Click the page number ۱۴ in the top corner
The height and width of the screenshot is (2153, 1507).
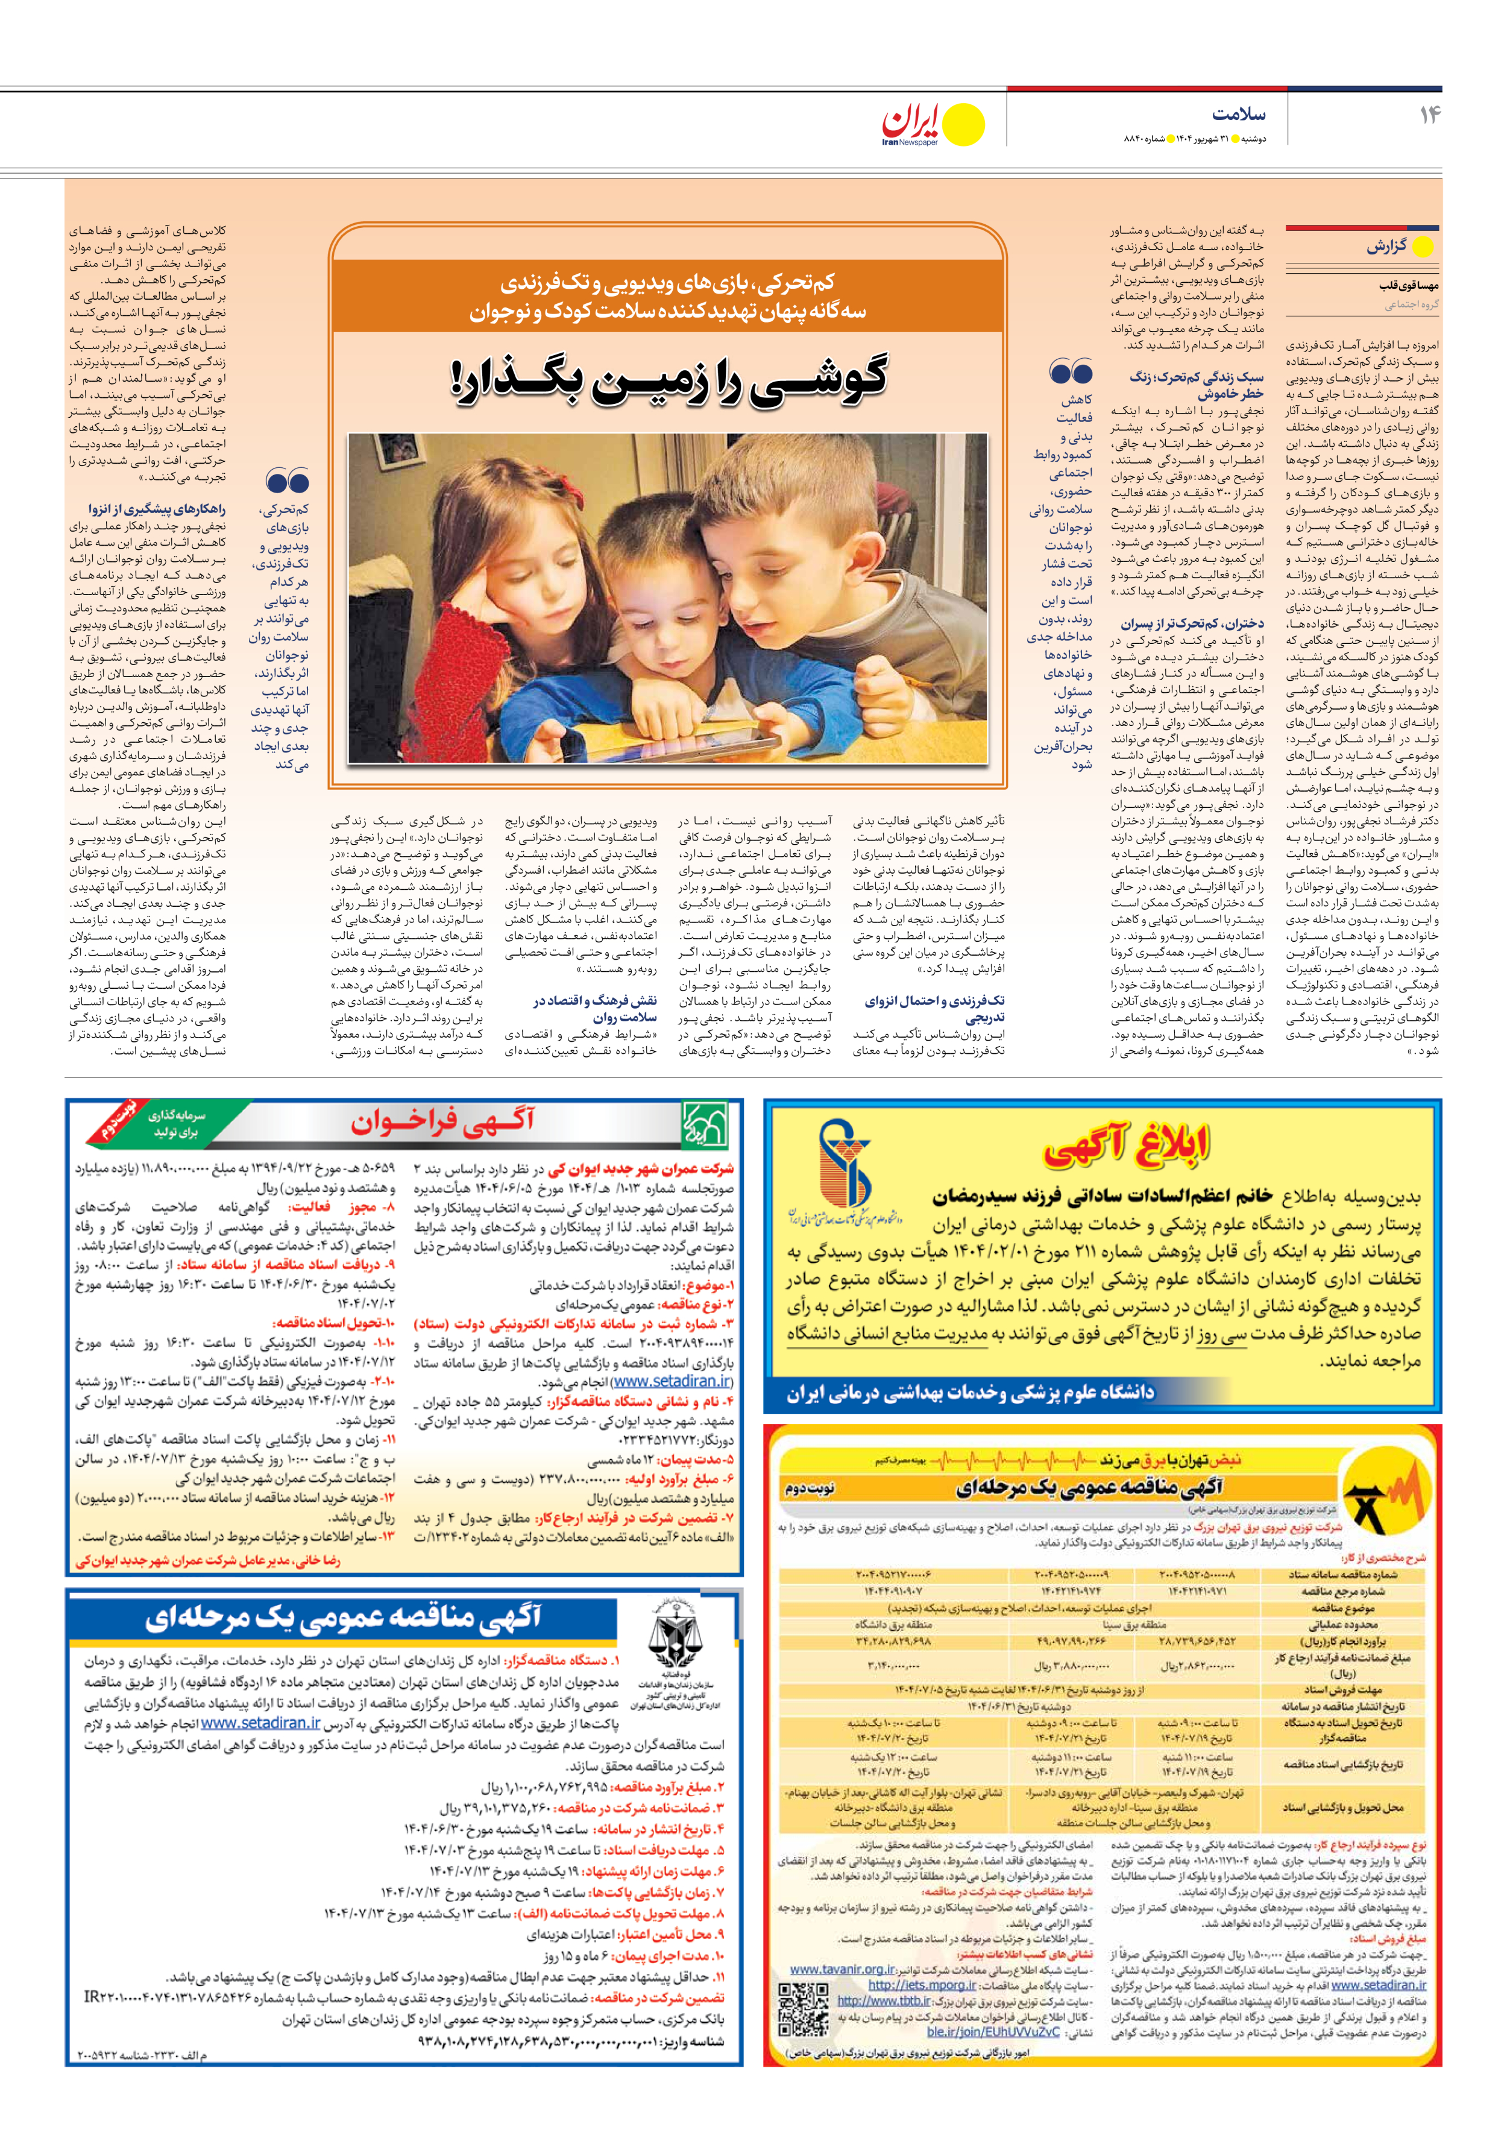[x=1429, y=115]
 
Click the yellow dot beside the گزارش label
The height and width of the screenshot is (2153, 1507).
[x=1421, y=248]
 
